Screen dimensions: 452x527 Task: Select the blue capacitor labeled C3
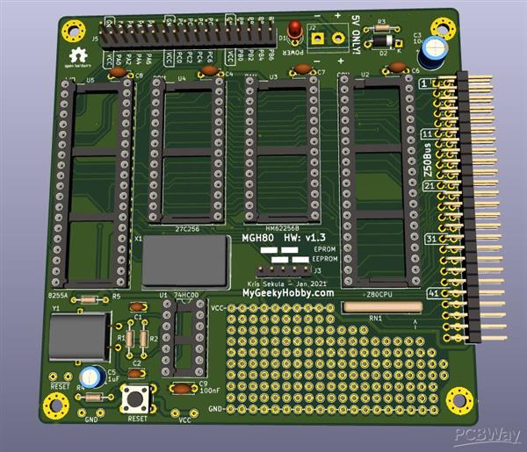click(x=431, y=54)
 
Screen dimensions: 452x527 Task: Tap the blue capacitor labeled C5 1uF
click(x=90, y=375)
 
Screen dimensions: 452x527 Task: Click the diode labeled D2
click(x=383, y=39)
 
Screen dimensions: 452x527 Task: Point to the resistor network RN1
click(x=381, y=307)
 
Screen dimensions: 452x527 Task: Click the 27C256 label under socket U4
click(x=187, y=228)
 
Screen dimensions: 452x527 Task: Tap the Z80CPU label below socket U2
click(x=379, y=293)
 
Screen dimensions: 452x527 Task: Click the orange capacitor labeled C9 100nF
click(x=183, y=388)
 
